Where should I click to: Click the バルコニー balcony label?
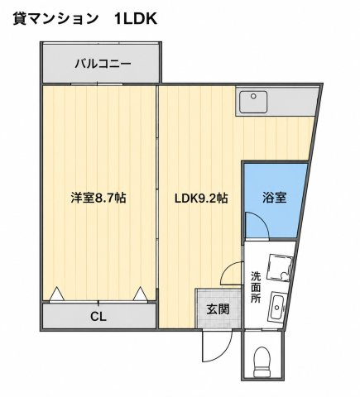click(103, 64)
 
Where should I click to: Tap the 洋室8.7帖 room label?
click(98, 198)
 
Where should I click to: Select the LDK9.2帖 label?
click(201, 198)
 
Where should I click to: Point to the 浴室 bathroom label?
click(274, 198)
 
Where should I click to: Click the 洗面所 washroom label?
click(256, 287)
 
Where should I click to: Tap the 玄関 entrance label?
click(218, 309)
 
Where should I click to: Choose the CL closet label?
click(98, 317)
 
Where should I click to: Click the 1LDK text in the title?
click(136, 19)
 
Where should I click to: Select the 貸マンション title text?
click(55, 19)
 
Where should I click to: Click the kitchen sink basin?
click(253, 102)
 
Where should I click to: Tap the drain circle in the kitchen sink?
click(253, 96)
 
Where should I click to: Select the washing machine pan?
click(280, 267)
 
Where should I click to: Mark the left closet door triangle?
click(57, 294)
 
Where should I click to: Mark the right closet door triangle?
click(140, 294)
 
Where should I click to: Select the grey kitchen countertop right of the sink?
click(293, 102)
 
